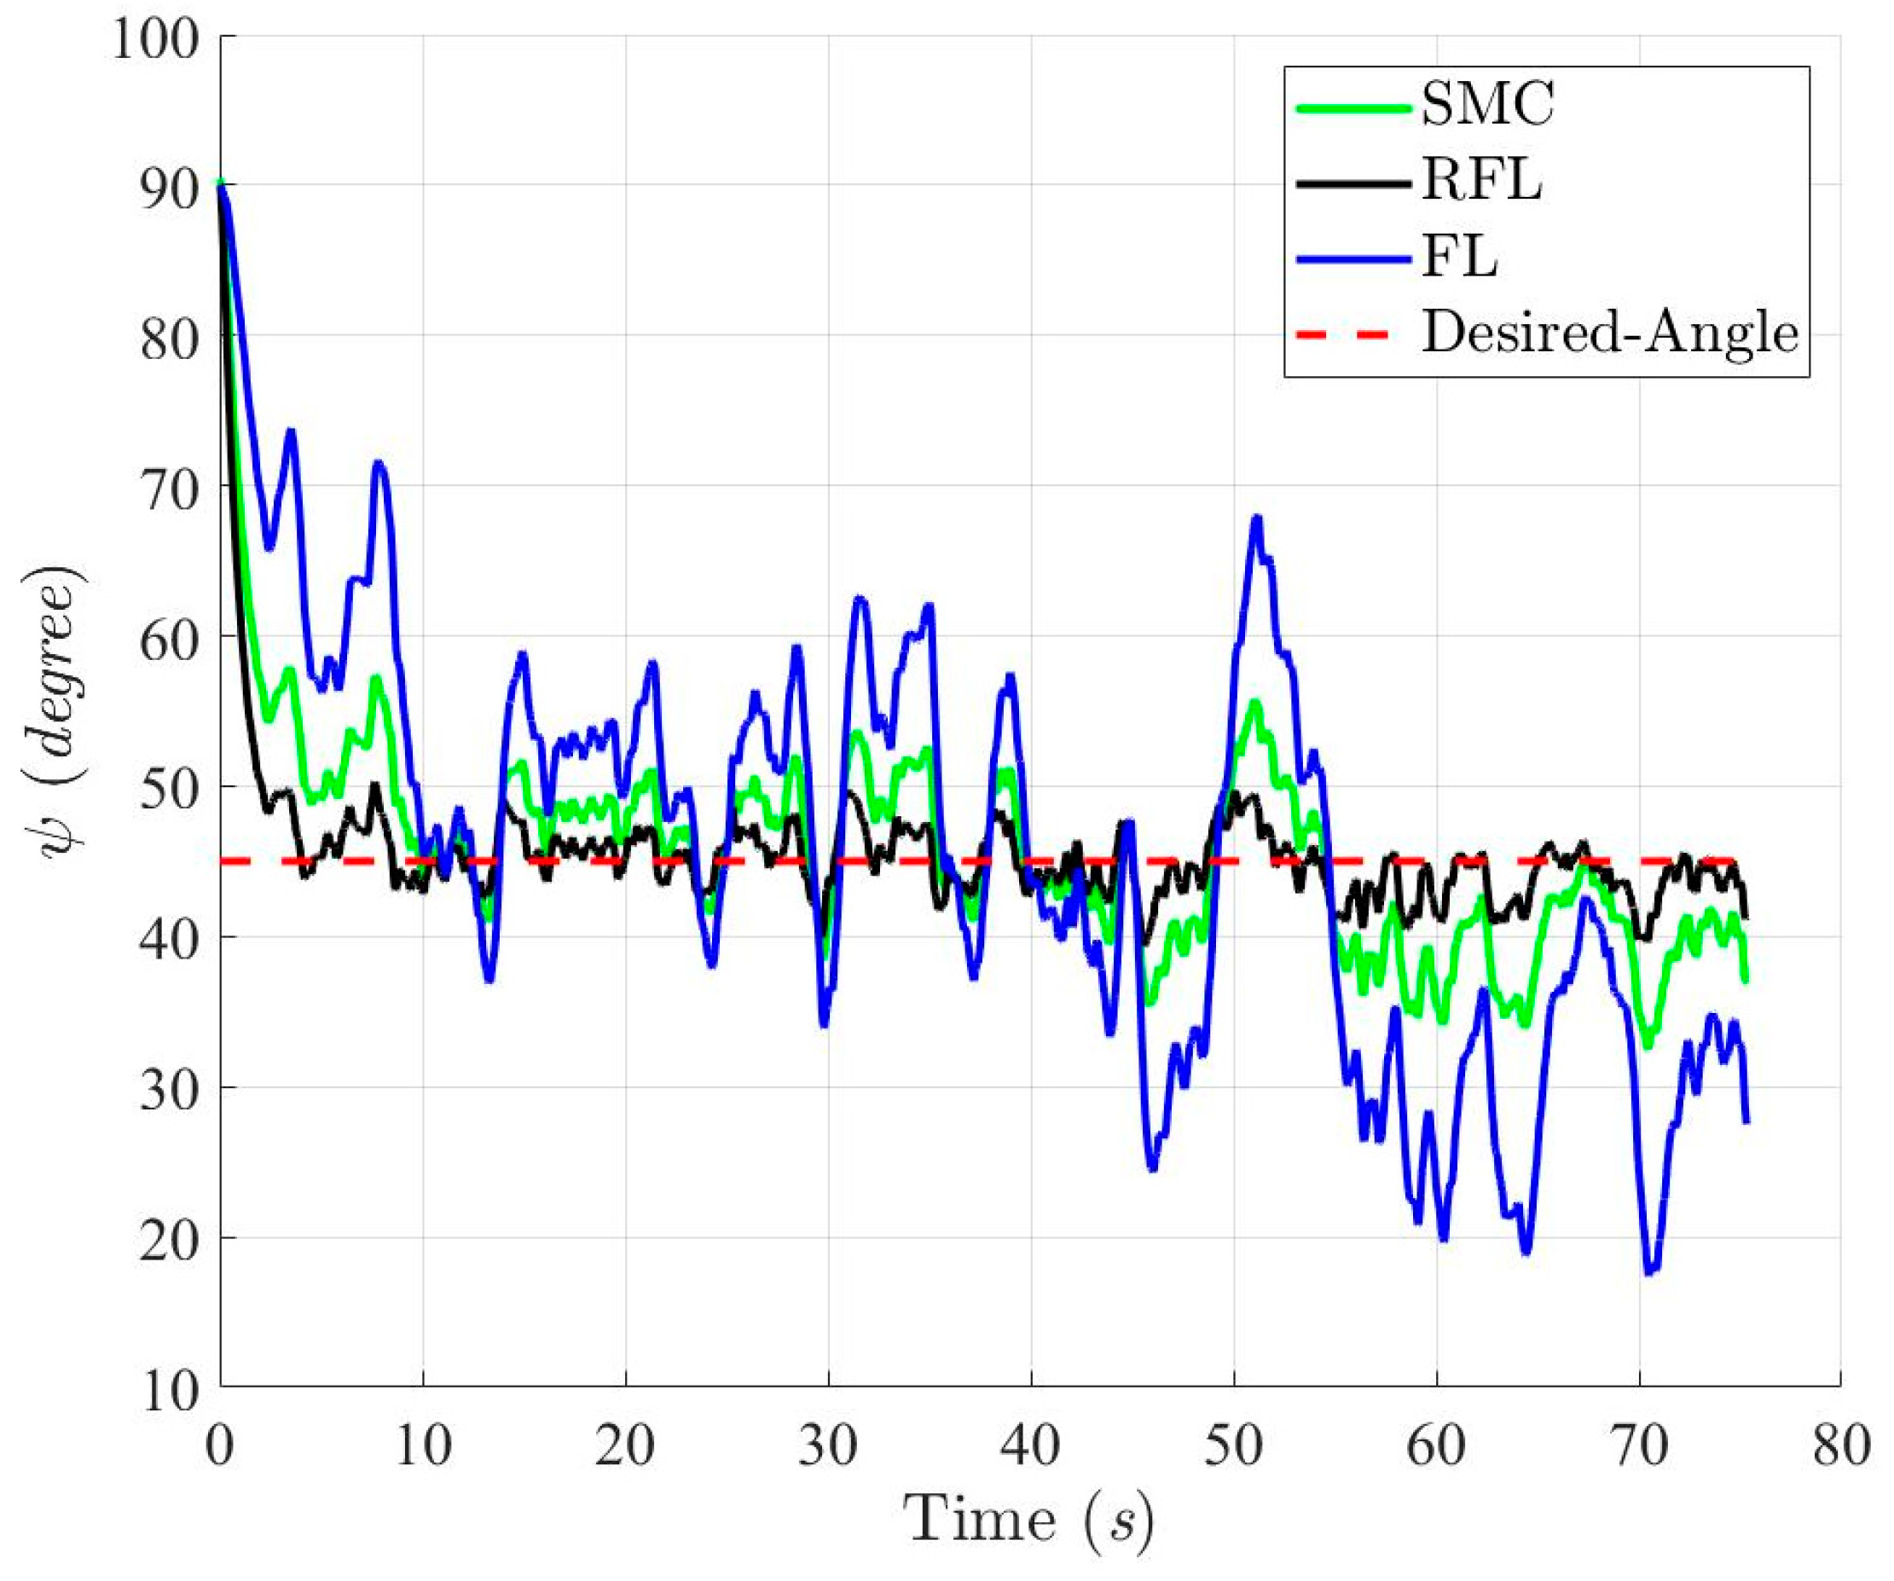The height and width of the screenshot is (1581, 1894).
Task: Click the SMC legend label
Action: pos(1487,107)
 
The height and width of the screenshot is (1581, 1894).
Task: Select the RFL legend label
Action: pos(1482,182)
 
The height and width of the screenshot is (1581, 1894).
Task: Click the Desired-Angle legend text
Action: pos(1610,333)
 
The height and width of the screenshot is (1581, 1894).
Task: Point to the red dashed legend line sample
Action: pos(1352,334)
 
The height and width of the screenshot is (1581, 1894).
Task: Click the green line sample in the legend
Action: pos(1352,107)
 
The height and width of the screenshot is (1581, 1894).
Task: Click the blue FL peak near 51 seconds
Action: pos(1256,518)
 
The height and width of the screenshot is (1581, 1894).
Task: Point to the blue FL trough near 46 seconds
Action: pos(1152,1169)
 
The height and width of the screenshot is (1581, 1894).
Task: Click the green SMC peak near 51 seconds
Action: pos(1254,704)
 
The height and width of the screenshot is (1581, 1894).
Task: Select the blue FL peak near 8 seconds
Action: pos(379,465)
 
